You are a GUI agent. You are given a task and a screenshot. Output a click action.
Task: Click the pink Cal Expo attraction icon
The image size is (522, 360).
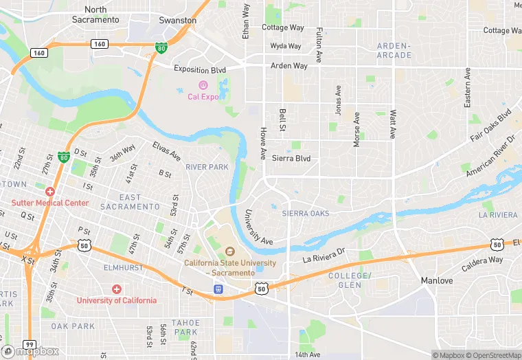tap(203, 85)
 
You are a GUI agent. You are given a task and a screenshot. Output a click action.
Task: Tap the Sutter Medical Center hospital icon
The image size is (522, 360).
tap(50, 190)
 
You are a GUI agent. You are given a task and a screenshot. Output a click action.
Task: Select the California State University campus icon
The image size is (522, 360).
tap(230, 251)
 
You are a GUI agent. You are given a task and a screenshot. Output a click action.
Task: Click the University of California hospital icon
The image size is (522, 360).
tap(117, 289)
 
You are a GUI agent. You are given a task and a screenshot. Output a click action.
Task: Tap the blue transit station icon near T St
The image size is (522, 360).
tap(218, 289)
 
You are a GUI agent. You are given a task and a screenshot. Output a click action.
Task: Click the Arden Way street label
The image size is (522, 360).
tap(289, 66)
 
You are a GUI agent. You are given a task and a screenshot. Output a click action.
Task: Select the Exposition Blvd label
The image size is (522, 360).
tap(200, 69)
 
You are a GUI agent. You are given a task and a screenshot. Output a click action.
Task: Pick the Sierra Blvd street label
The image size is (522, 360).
tap(291, 159)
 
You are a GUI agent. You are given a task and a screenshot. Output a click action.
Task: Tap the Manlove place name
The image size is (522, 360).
tap(436, 281)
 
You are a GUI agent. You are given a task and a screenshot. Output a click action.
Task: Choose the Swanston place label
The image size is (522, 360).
tap(178, 21)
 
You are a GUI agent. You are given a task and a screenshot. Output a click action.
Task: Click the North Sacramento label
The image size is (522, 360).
tap(95, 14)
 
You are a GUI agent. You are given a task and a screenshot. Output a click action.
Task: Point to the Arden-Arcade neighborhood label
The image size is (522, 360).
tap(394, 50)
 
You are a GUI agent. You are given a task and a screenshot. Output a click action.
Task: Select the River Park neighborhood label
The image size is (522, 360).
tap(207, 167)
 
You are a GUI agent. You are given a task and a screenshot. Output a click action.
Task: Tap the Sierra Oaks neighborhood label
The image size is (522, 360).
tap(306, 214)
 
